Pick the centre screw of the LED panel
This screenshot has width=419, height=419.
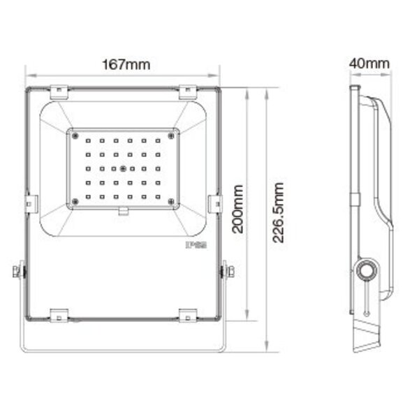pos(123,168)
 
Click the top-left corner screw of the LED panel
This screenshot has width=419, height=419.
pos(74,133)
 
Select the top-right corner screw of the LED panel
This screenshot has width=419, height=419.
pos(172,133)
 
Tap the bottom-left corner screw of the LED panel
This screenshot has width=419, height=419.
pos(74,203)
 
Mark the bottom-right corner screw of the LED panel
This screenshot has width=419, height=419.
pos(172,203)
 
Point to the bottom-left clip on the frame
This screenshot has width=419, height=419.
pos(58,315)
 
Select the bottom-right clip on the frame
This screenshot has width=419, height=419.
pos(188,315)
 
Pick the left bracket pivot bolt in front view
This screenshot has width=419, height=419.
pos(20,271)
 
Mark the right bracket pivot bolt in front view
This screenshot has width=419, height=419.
pos(226,271)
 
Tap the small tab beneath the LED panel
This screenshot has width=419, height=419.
pos(123,212)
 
